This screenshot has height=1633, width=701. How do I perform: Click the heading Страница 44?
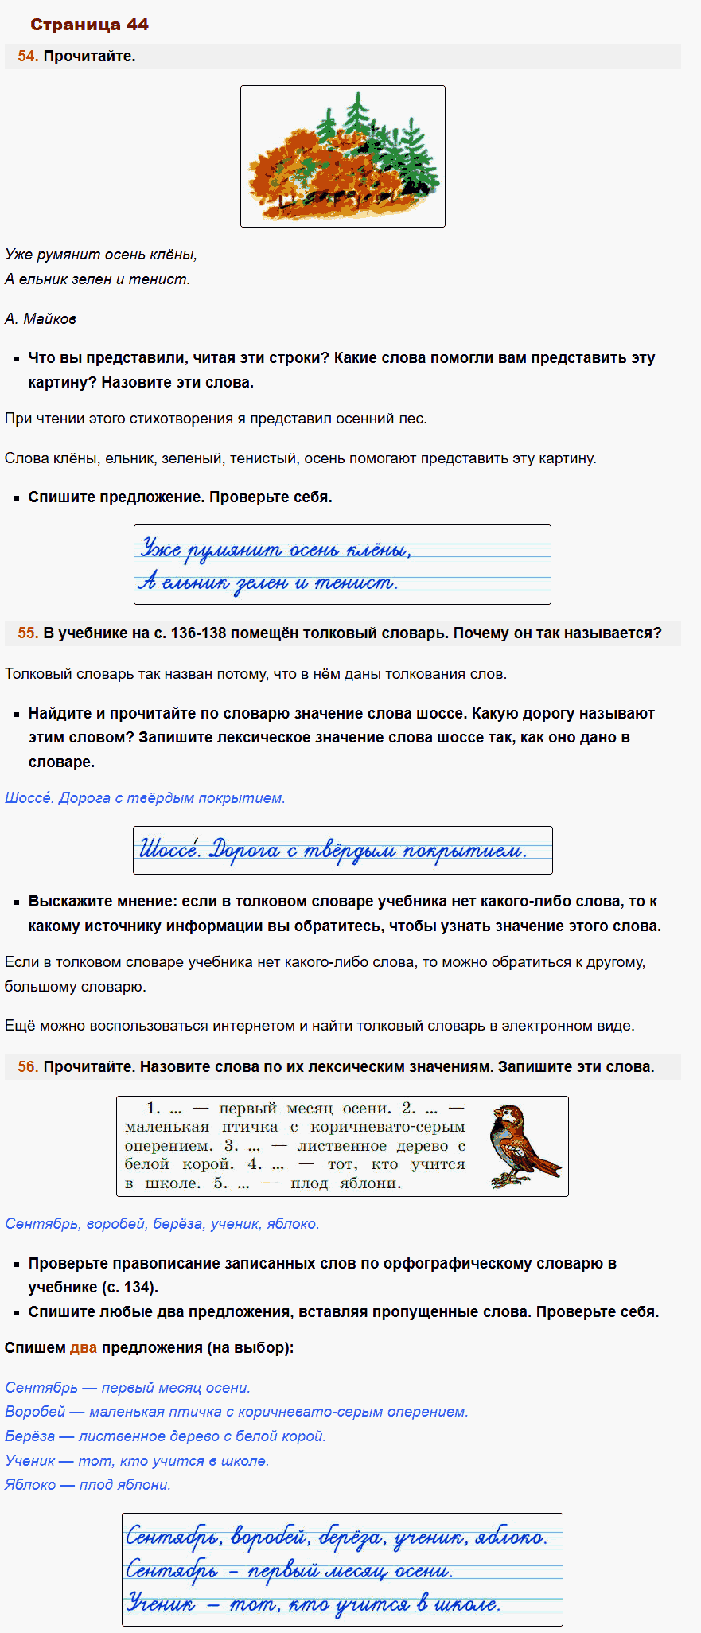click(x=89, y=25)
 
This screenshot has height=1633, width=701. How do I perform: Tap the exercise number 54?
click(x=27, y=57)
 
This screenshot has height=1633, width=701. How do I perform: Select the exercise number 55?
click(x=27, y=633)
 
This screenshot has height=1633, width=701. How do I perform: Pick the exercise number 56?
click(x=27, y=1067)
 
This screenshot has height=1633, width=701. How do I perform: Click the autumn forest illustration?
click(x=342, y=156)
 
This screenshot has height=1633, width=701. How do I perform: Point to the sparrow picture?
click(x=523, y=1146)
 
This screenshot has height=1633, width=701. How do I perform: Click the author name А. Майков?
click(x=41, y=319)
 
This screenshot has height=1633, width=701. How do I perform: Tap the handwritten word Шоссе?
click(x=169, y=849)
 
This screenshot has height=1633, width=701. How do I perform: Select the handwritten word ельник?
click(x=195, y=583)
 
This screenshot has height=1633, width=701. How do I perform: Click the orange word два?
click(x=84, y=1348)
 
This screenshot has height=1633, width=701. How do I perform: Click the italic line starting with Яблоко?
click(x=88, y=1485)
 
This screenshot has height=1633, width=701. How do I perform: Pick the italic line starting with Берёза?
click(x=165, y=1436)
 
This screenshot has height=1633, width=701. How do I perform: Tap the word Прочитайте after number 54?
click(x=89, y=57)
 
